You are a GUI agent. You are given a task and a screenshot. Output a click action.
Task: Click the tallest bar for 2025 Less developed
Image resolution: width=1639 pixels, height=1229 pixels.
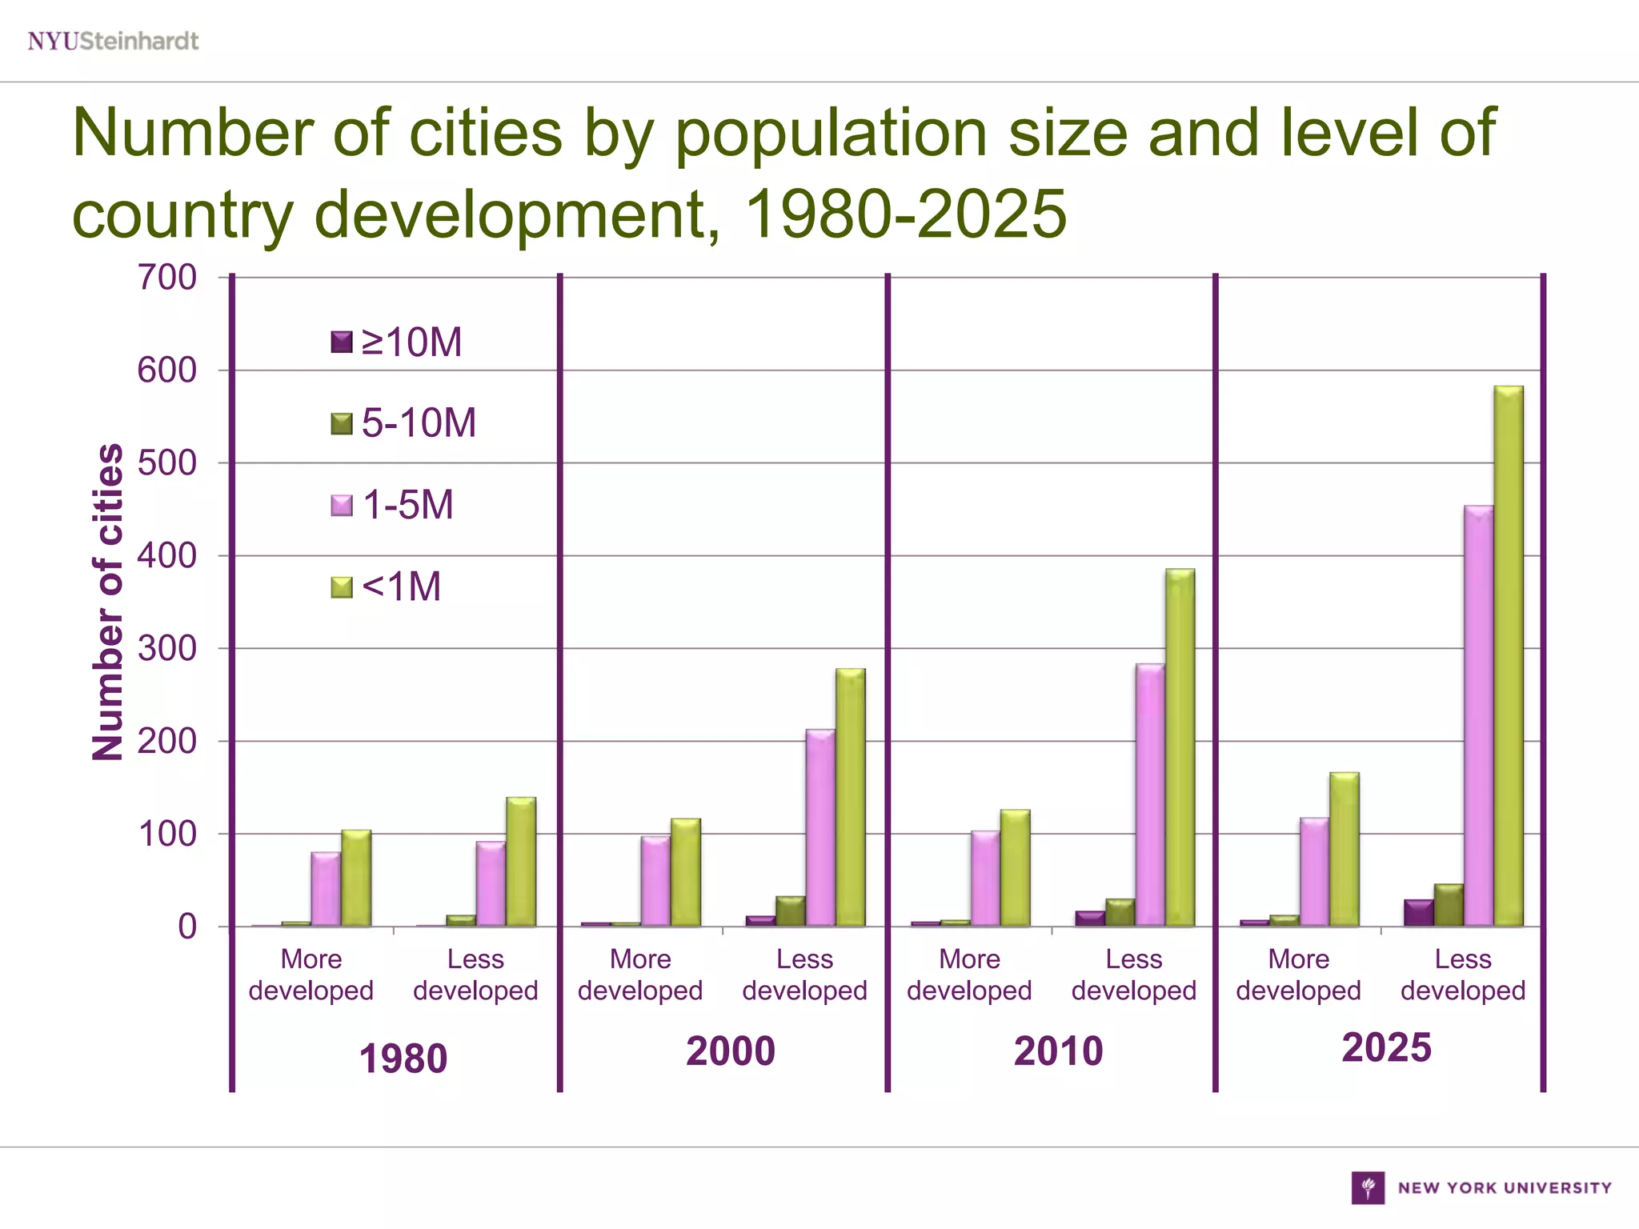pyautogui.click(x=1509, y=656)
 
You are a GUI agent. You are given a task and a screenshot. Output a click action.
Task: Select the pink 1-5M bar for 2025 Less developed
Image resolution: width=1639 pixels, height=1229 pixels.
pyautogui.click(x=1478, y=716)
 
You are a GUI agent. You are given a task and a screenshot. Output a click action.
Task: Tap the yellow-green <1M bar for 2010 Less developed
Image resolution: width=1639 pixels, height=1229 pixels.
pyautogui.click(x=1180, y=748)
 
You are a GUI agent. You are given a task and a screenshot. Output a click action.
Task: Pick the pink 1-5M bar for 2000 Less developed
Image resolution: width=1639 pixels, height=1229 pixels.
pyautogui.click(x=820, y=828)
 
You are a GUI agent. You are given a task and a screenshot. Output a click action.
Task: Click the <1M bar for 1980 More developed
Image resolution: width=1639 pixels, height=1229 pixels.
pyautogui.click(x=356, y=879)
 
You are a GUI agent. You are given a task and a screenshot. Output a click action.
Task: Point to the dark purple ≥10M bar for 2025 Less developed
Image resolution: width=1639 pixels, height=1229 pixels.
pyautogui.click(x=1418, y=913)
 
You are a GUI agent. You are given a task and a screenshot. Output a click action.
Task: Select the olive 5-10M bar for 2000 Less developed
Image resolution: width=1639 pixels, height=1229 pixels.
pyautogui.click(x=791, y=911)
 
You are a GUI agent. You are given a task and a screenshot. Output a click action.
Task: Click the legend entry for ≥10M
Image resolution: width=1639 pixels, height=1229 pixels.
pyautogui.click(x=397, y=342)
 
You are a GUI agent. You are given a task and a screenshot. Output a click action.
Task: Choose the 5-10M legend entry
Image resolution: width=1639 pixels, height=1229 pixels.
pyautogui.click(x=404, y=423)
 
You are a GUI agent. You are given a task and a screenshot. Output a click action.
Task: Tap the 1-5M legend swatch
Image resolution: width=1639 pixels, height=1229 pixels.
pyautogui.click(x=342, y=506)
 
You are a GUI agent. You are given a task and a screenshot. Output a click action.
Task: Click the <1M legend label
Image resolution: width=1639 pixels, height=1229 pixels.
pyautogui.click(x=402, y=586)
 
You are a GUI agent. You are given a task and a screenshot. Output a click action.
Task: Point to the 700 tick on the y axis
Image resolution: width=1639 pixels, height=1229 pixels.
pyautogui.click(x=167, y=278)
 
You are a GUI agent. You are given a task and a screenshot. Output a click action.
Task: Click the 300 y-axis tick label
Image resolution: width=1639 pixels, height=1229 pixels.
pyautogui.click(x=167, y=648)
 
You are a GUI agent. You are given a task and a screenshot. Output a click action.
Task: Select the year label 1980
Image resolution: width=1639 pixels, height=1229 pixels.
pyautogui.click(x=403, y=1059)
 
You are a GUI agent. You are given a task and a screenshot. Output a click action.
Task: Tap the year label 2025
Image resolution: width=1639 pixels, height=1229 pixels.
pyautogui.click(x=1386, y=1048)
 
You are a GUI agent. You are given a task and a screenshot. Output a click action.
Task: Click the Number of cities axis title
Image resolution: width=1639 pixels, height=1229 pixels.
pyautogui.click(x=108, y=602)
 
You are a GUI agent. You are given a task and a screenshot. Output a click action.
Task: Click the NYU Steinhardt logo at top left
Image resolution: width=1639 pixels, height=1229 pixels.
pyautogui.click(x=113, y=41)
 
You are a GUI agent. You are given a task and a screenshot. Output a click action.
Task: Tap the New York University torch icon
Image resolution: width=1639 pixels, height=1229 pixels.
pyautogui.click(x=1368, y=1187)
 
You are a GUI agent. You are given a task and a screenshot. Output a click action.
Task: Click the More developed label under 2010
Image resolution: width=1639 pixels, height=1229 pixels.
pyautogui.click(x=969, y=975)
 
